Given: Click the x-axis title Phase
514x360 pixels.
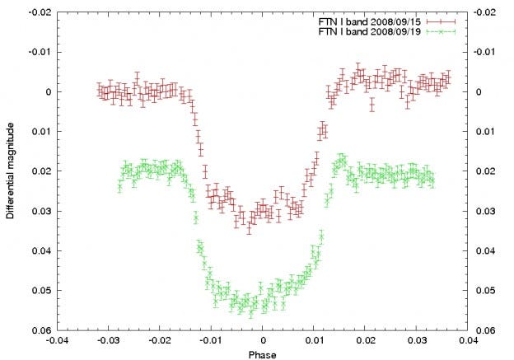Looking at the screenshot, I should coord(262,354).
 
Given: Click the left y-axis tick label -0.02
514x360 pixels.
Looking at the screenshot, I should coord(39,12).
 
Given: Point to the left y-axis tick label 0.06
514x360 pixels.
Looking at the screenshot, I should coord(40,330).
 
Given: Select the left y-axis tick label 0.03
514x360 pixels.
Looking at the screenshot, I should coord(40,211).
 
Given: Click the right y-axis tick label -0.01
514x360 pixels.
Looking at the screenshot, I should coord(487,52).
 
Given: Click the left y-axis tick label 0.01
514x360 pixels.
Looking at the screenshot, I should coord(40,132).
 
